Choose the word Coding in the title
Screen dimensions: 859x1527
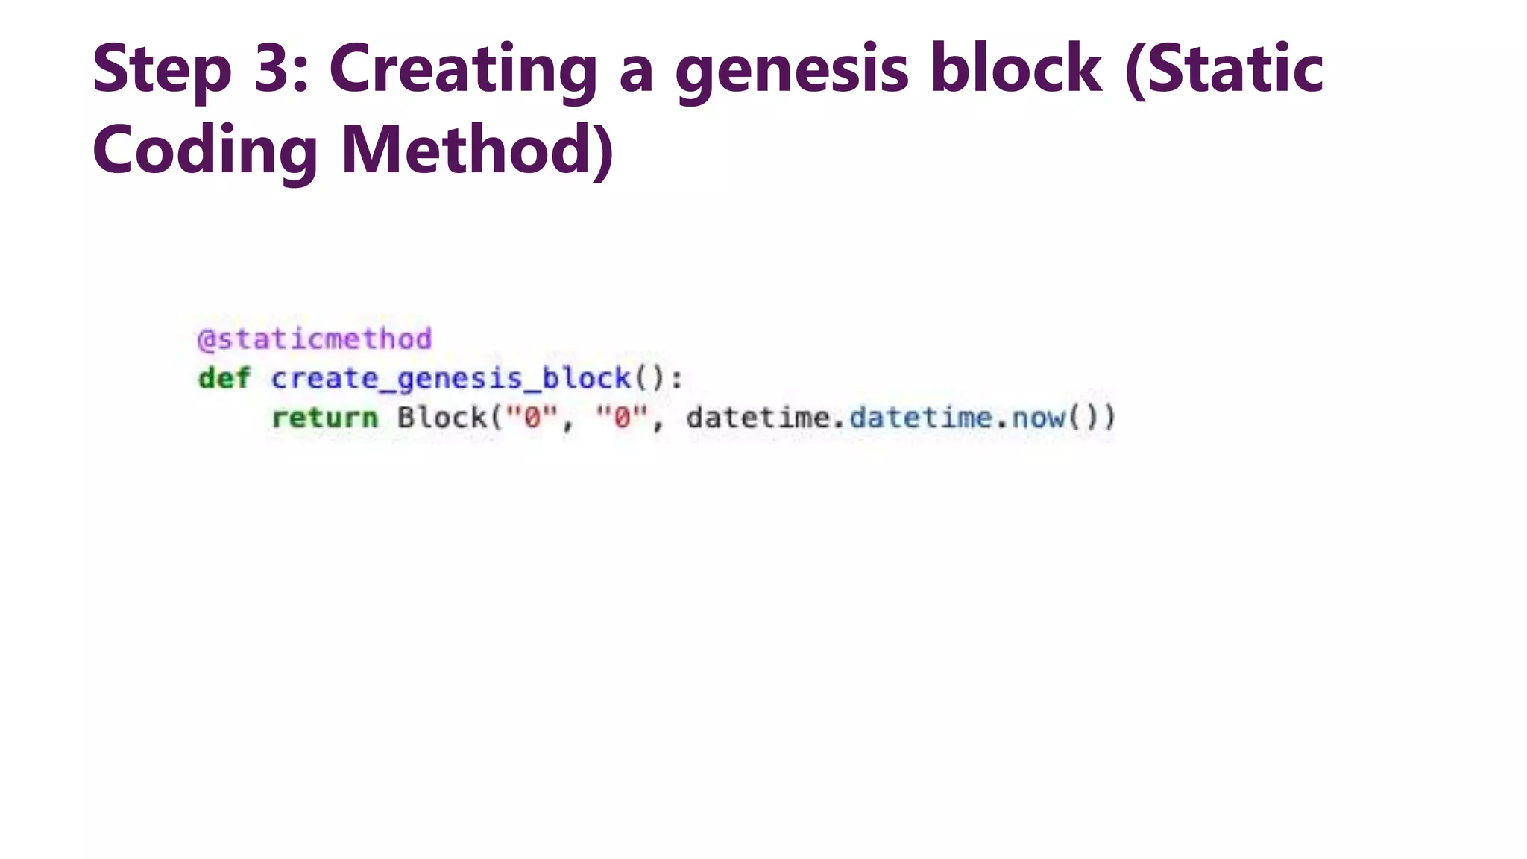coord(205,151)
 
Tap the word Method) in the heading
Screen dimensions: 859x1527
coord(477,151)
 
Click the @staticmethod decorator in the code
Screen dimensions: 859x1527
coord(315,339)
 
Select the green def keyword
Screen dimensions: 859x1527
coord(224,378)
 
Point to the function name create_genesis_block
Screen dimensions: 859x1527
coord(450,379)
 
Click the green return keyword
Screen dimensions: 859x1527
coord(324,418)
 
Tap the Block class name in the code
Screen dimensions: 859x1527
coord(441,418)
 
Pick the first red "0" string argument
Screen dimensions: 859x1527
coord(532,417)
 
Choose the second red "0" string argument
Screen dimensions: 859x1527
coord(622,417)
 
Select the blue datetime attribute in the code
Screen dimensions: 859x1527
coord(920,418)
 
